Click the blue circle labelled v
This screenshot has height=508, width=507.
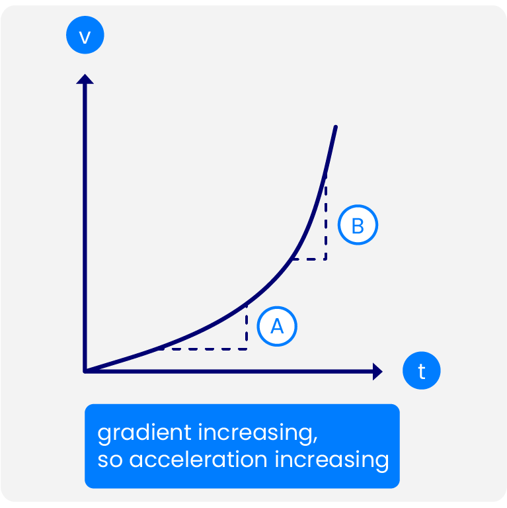coord(85,35)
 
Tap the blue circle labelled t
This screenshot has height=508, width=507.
coord(421,370)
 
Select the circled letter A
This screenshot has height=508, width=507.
coord(277,326)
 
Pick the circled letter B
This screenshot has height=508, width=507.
coord(358,225)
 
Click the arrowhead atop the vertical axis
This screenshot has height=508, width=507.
coord(85,79)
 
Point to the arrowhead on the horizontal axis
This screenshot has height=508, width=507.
coord(377,371)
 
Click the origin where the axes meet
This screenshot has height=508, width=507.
coord(85,371)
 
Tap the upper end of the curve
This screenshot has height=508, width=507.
coord(336,127)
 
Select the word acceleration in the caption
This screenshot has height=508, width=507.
coord(198,460)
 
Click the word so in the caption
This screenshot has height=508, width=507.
coord(110,460)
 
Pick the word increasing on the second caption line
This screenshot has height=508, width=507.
coord(332,460)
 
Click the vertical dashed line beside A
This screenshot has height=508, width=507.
coord(247,327)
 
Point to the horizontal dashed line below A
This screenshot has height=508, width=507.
coord(203,349)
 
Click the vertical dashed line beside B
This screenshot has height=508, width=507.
coord(326,218)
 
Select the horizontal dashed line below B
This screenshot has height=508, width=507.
coord(309,259)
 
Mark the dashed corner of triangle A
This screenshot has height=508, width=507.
coord(247,349)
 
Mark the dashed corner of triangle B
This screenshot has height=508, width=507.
coord(326,259)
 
